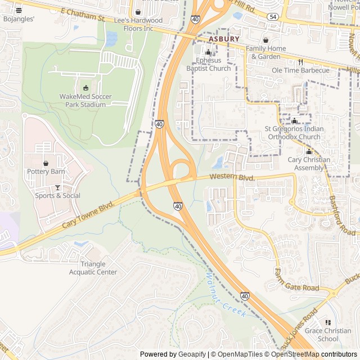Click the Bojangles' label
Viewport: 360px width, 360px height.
click(19, 19)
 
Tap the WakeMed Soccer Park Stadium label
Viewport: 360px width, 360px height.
click(85, 100)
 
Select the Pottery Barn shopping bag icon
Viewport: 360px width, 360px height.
click(46, 163)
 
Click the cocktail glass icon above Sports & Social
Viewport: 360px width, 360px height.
click(57, 187)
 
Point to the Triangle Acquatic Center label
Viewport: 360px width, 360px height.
click(93, 268)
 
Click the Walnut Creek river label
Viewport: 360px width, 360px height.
click(225, 295)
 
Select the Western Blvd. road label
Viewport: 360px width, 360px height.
click(232, 177)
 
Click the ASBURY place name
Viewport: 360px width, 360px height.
click(223, 39)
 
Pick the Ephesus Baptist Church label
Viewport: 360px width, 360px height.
click(208, 65)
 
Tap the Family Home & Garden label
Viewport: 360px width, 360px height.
click(265, 52)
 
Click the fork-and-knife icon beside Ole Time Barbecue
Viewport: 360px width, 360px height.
click(301, 62)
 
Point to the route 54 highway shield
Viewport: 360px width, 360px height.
click(272, 18)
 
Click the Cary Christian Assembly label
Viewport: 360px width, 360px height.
click(309, 164)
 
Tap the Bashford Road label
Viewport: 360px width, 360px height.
click(341, 215)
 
